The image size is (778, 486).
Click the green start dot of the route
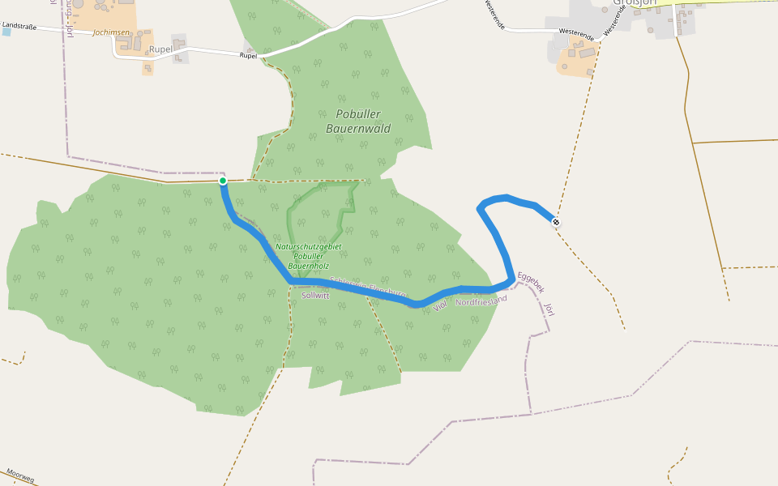[223, 181]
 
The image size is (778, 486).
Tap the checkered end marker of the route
[556, 221]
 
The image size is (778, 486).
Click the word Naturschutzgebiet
[308, 246]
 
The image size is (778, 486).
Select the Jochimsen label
[111, 32]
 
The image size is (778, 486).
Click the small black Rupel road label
[248, 56]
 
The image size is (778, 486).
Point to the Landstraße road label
[21, 26]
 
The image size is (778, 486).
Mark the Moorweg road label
[19, 475]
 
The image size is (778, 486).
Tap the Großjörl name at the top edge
[633, 2]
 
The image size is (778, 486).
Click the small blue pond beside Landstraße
[6, 32]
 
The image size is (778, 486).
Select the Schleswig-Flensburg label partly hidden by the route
[369, 287]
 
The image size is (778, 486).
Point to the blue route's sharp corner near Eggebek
[511, 279]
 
